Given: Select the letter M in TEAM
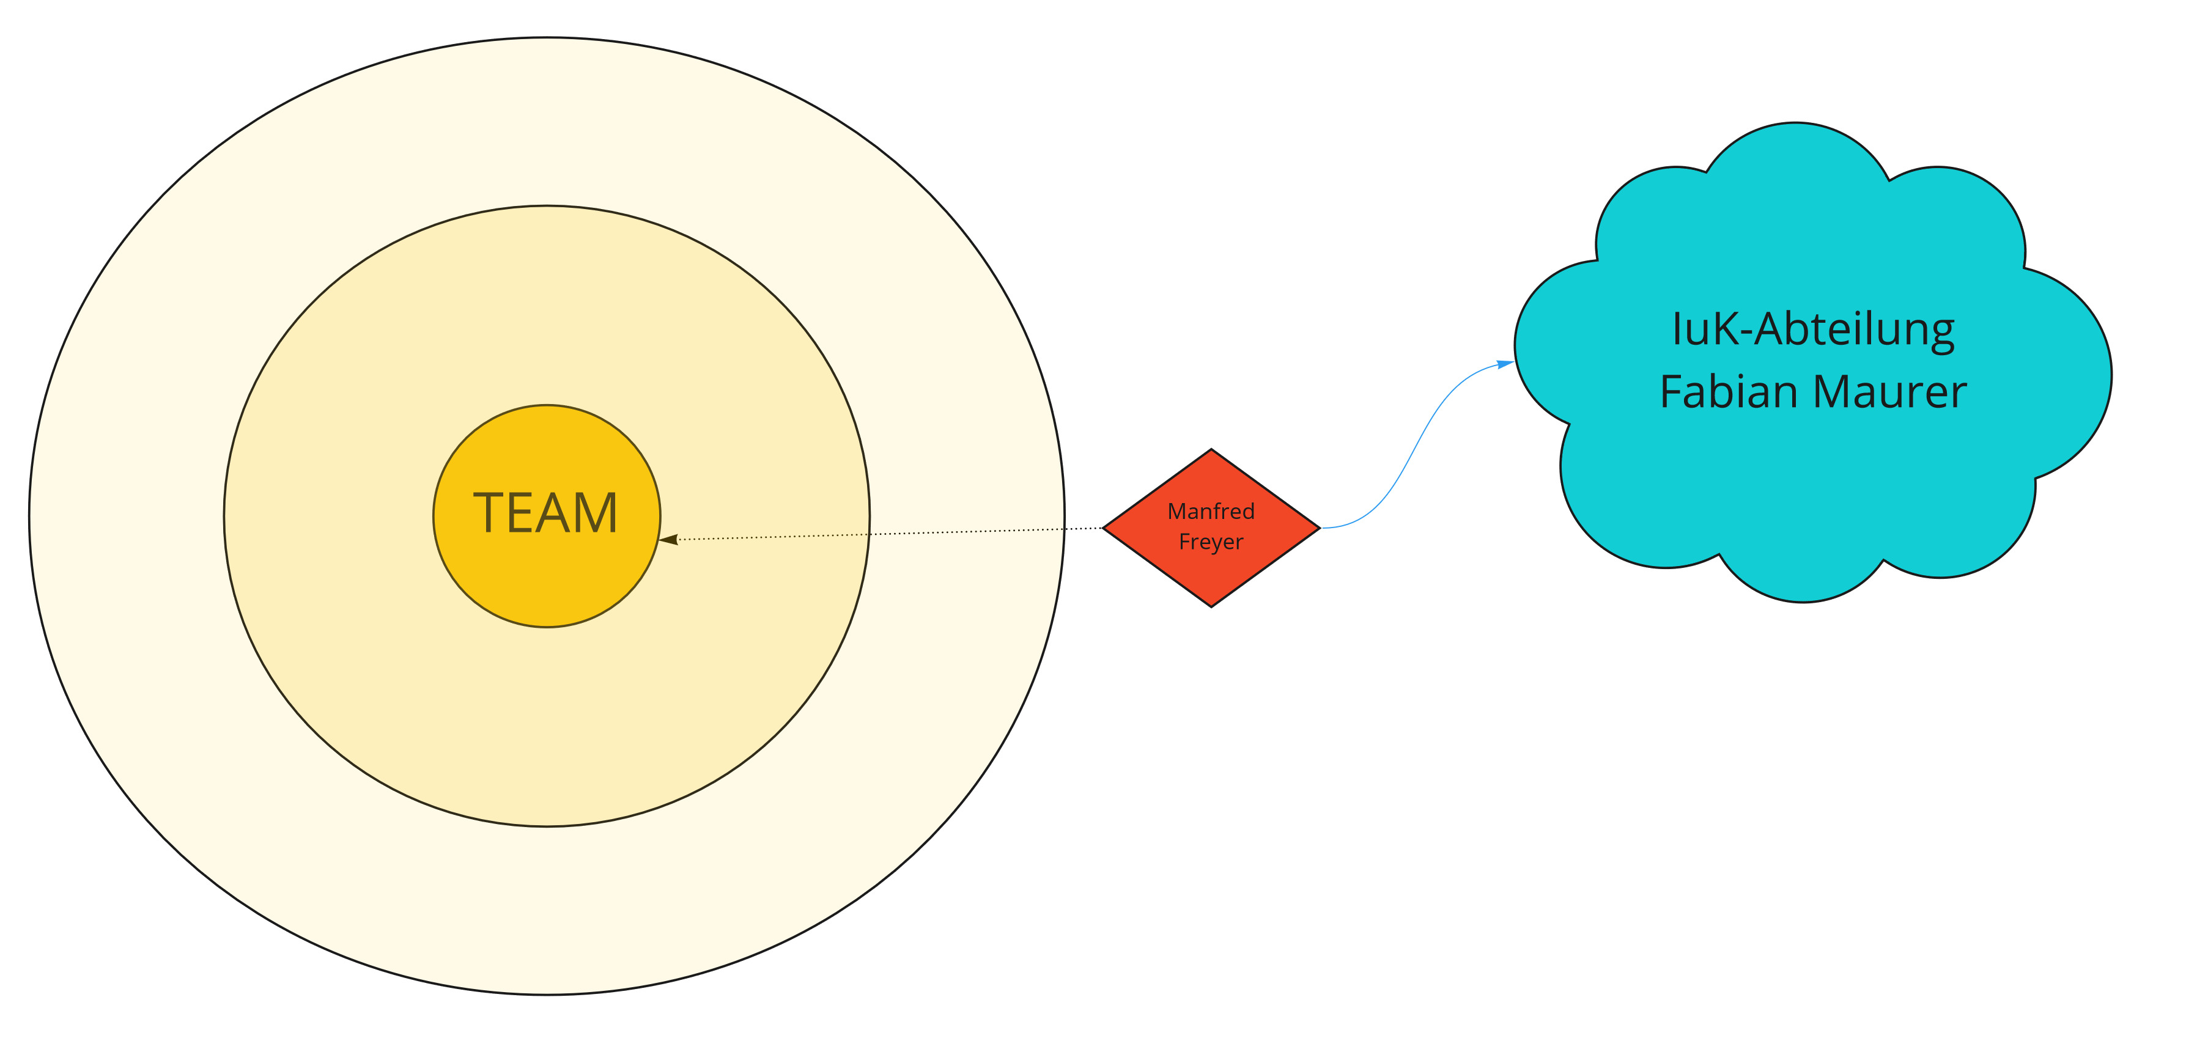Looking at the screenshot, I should click(596, 514).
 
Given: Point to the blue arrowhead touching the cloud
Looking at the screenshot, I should click(1506, 364).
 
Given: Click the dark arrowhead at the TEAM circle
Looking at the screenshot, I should click(668, 540).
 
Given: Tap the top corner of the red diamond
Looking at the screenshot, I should click(1211, 451).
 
